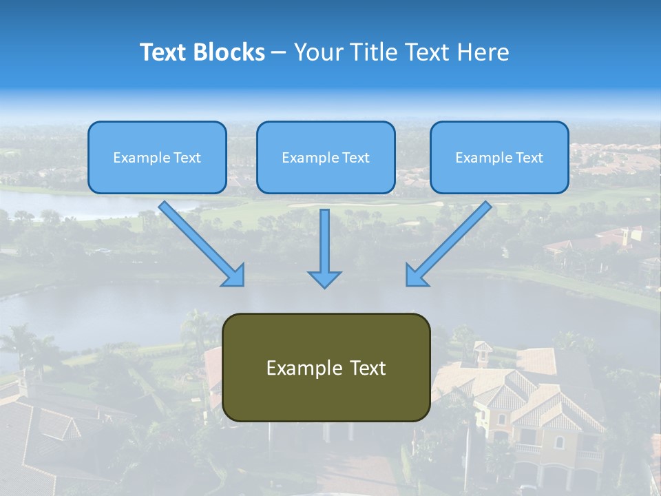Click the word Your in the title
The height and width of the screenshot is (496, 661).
coord(319,52)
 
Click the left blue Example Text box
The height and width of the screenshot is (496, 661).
coord(157,157)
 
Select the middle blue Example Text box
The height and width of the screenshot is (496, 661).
coord(326,157)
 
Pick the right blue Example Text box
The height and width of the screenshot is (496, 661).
coord(499,157)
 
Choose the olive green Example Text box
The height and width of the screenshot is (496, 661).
coord(326,367)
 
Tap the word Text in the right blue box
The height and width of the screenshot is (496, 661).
coord(529,158)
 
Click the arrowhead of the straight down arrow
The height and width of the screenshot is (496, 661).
coord(324,279)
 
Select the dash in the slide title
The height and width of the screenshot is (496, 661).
coord(279,53)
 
